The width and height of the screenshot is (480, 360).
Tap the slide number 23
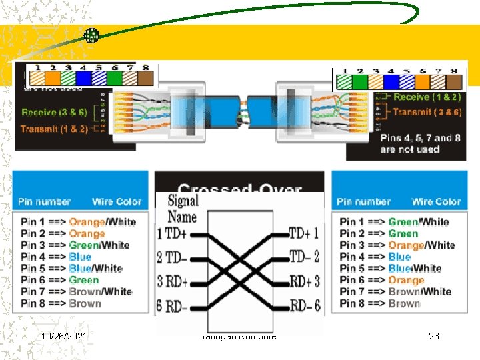(x=434, y=336)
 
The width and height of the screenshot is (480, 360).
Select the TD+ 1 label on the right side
(x=304, y=233)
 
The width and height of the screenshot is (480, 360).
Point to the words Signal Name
(x=183, y=208)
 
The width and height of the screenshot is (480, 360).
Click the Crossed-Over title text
(x=240, y=190)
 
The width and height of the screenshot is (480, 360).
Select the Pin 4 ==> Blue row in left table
(x=56, y=257)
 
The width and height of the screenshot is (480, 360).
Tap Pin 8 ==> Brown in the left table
(x=61, y=303)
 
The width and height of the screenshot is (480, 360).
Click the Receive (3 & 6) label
(x=54, y=112)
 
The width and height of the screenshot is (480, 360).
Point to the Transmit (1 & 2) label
(x=54, y=129)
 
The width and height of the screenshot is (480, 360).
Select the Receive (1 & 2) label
(x=427, y=97)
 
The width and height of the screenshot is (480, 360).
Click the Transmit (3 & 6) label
(x=427, y=112)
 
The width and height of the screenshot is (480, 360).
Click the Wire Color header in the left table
(x=117, y=201)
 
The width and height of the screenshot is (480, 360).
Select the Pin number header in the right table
(x=363, y=201)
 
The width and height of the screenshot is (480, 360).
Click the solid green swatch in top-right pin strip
(x=359, y=81)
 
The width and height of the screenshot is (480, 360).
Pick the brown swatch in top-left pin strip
(x=145, y=78)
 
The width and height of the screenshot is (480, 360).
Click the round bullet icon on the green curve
(x=91, y=35)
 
